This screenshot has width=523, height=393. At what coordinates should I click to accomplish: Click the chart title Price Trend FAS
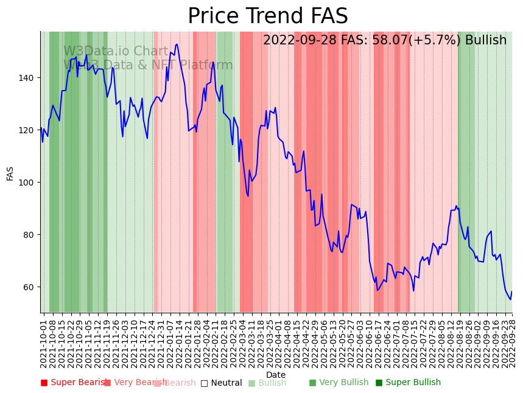point(268,16)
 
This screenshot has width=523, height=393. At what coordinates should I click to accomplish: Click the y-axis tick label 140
point(27,78)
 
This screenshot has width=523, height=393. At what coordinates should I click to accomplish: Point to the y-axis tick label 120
point(27,130)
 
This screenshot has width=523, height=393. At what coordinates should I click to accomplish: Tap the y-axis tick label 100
point(27,183)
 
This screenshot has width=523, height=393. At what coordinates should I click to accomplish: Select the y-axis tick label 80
point(30,235)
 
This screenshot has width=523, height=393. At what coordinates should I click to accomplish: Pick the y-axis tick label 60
point(30,287)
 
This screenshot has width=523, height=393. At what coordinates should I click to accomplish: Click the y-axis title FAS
point(10,173)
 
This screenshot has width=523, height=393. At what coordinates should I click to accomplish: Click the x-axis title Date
point(276,375)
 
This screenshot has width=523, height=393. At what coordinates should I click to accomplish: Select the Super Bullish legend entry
point(408,383)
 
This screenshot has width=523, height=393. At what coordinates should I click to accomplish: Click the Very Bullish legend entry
point(339,383)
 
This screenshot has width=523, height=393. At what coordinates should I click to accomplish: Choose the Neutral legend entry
point(221,383)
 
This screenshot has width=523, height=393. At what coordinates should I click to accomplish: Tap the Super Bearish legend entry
point(74,383)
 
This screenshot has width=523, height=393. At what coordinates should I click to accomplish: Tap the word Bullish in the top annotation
point(486,41)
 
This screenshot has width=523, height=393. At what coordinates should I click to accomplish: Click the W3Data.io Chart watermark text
point(116,51)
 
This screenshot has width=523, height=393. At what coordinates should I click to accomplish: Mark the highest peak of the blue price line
point(177,44)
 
